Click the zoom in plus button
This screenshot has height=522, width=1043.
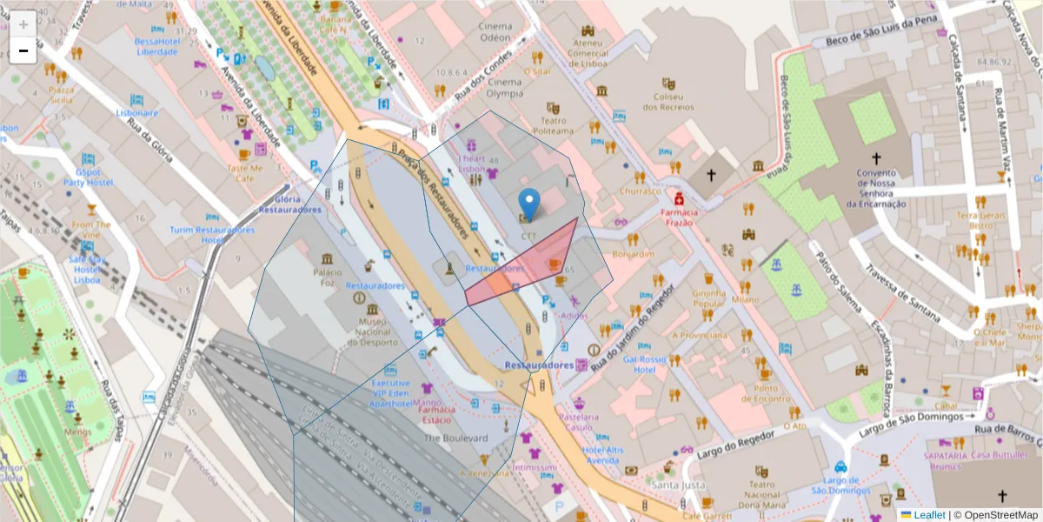point(23,24)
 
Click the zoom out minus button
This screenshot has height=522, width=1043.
point(23,50)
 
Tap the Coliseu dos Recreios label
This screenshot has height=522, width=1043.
point(668,102)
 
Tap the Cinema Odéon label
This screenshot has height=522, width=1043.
point(495,32)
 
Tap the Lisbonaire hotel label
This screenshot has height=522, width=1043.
point(137,112)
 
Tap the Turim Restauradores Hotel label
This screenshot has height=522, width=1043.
point(212,235)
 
